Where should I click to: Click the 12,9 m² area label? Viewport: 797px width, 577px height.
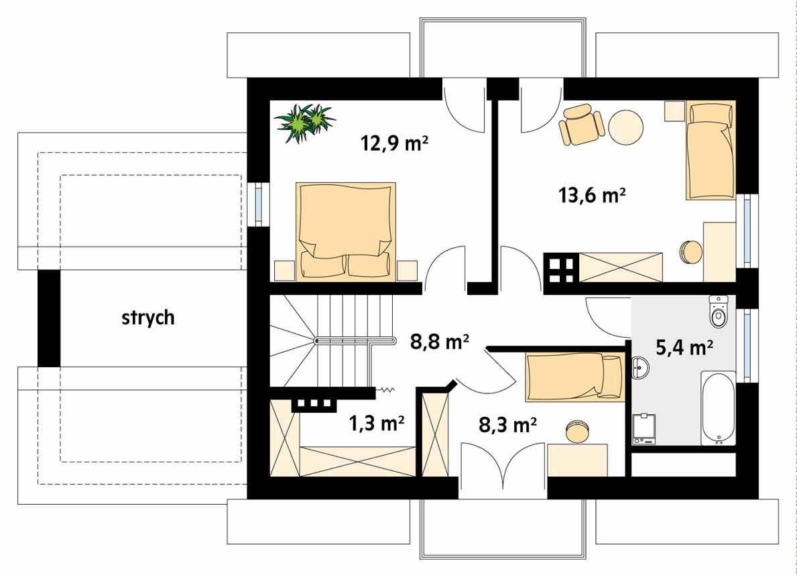click(x=394, y=143)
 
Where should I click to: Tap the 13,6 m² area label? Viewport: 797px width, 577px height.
click(x=592, y=195)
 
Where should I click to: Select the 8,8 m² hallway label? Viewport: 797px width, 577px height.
click(x=440, y=342)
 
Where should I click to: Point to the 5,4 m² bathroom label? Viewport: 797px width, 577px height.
click(x=684, y=347)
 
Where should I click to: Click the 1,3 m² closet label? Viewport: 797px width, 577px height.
click(x=377, y=422)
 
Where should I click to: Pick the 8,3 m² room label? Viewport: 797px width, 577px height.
click(x=508, y=424)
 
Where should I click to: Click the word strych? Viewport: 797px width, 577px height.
click(x=148, y=317)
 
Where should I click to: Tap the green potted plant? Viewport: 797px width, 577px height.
click(x=304, y=122)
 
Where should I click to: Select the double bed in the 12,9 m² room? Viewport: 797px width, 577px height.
click(x=346, y=231)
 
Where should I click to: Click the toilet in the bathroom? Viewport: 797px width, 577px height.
click(x=718, y=310)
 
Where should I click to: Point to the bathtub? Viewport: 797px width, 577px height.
click(x=718, y=408)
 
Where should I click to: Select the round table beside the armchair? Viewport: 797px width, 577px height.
click(x=625, y=127)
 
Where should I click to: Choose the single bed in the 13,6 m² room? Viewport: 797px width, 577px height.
click(x=711, y=151)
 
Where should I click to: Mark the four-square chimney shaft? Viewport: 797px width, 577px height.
click(x=561, y=268)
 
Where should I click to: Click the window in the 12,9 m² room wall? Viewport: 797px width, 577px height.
click(x=259, y=204)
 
